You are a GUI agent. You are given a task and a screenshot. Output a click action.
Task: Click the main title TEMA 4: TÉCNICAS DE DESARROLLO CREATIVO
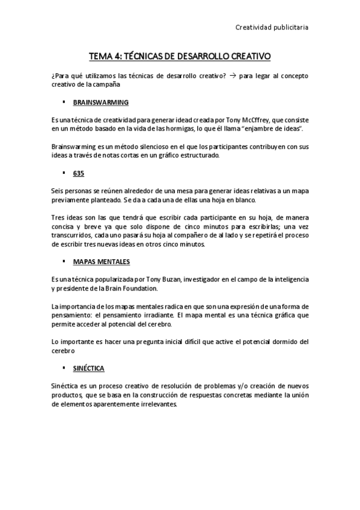tap(180, 57)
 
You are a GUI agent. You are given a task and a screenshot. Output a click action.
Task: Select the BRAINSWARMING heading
tap(100, 102)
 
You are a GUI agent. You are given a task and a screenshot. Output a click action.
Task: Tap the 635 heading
tap(78, 173)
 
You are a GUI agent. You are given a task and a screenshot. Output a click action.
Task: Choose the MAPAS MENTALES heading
tap(101, 262)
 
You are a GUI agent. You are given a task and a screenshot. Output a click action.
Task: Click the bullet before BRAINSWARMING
tap(64, 102)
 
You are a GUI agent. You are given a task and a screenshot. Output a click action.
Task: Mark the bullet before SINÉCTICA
tap(64, 367)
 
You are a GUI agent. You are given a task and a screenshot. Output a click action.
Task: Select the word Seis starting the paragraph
tap(58, 191)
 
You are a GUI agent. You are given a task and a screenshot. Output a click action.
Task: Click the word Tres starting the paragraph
tap(58, 218)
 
